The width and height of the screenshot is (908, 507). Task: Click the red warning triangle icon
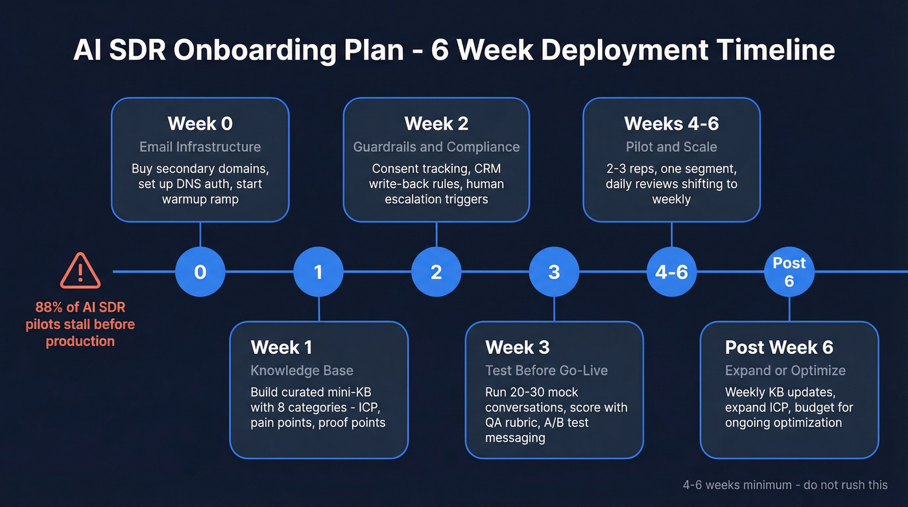(x=80, y=271)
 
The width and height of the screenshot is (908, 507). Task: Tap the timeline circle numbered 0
(x=200, y=271)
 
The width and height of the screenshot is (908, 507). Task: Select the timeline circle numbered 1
(x=318, y=271)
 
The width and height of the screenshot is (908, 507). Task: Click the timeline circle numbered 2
(x=436, y=271)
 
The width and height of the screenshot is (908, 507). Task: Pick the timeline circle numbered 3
(x=554, y=271)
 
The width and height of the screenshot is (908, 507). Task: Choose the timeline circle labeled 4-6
(x=671, y=271)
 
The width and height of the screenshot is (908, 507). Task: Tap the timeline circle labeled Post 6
(x=789, y=271)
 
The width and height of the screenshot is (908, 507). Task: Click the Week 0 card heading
(x=200, y=123)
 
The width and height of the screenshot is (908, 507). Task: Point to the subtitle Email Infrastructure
(x=200, y=147)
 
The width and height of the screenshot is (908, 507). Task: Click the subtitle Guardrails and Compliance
(x=436, y=147)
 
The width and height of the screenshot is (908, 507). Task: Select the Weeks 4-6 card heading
(x=671, y=123)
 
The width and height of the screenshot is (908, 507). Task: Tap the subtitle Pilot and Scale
(x=671, y=147)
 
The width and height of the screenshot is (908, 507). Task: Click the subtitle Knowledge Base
(x=302, y=371)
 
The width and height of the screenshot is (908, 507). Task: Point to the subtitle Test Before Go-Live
(x=546, y=371)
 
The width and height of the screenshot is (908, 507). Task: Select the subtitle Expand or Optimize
(x=785, y=371)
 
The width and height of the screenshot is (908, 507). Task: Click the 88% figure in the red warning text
(x=49, y=307)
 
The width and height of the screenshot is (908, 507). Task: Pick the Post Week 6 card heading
(x=779, y=347)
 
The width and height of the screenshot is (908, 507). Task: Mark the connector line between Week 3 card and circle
(x=554, y=308)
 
